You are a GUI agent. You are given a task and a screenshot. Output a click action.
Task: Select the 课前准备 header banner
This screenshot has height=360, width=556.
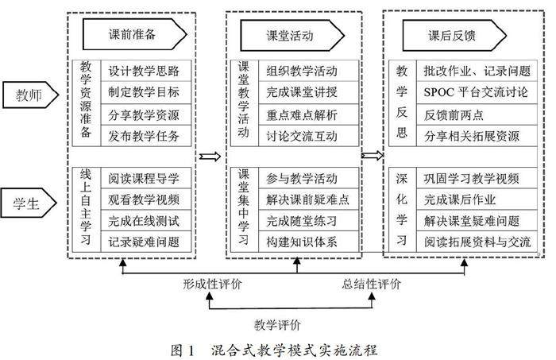(136, 35)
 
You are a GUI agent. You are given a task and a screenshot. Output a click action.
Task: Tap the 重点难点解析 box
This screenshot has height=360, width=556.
(301, 114)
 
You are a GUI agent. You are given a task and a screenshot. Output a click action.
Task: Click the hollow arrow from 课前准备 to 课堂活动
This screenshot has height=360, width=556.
(208, 156)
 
